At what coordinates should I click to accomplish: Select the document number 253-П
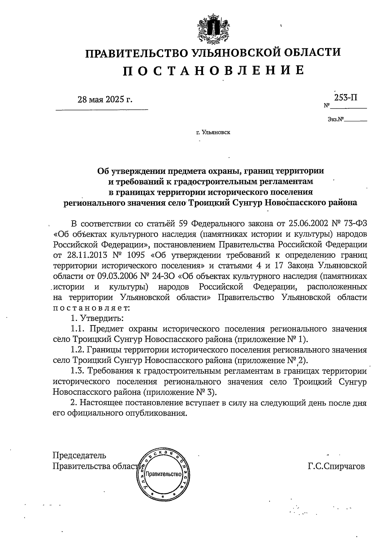345,97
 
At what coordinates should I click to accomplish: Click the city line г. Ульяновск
213,132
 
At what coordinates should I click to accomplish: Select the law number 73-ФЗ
353,223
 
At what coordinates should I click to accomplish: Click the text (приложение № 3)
179,392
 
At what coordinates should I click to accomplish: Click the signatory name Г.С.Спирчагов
336,466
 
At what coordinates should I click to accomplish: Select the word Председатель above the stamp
79,455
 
